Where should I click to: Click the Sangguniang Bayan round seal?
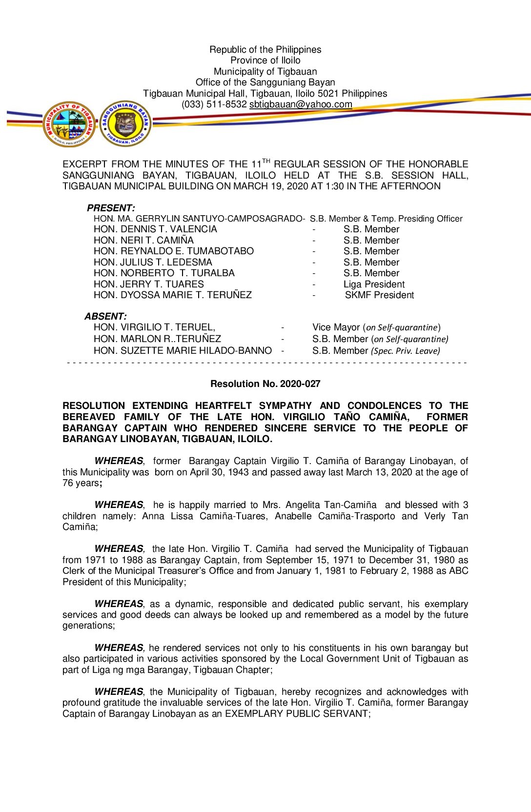(x=125, y=123)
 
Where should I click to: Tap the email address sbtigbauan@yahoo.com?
(x=301, y=104)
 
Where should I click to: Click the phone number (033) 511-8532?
(x=214, y=104)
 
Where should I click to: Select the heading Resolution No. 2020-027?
(x=265, y=384)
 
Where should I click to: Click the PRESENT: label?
(x=111, y=208)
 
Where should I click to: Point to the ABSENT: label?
(x=105, y=316)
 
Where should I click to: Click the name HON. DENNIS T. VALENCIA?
(x=155, y=229)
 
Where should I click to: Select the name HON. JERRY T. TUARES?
(x=148, y=284)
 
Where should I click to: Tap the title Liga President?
(x=374, y=284)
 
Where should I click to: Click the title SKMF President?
(x=379, y=295)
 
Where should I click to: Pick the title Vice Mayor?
(x=336, y=327)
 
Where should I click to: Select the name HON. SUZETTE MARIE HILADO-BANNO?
(x=183, y=351)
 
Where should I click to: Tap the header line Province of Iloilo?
(x=265, y=61)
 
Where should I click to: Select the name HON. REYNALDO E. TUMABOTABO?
(x=173, y=251)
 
